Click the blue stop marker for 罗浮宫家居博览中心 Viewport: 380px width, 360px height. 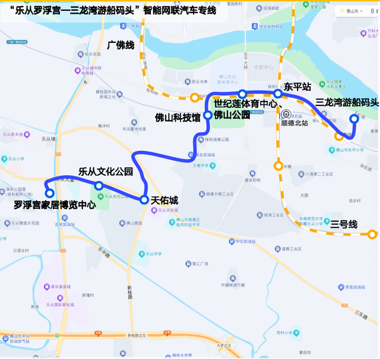click(x=50, y=193)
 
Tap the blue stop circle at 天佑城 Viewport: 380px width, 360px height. click(x=144, y=200)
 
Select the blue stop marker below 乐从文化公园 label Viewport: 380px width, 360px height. click(x=99, y=186)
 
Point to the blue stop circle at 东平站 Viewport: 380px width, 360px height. click(x=278, y=94)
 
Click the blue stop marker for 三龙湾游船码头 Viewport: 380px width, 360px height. click(x=354, y=119)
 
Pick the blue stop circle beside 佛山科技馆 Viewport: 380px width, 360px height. click(x=208, y=115)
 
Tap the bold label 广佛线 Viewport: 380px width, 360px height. click(x=121, y=44)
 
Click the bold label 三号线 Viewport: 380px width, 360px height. click(x=344, y=224)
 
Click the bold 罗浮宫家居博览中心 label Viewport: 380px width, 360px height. click(x=55, y=206)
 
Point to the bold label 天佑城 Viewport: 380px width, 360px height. click(x=164, y=200)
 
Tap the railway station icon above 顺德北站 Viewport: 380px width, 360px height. click(x=286, y=114)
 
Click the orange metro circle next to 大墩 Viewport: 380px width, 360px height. click(x=278, y=166)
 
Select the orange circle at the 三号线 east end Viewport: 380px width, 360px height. click(x=372, y=235)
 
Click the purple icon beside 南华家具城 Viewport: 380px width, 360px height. click(x=45, y=286)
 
